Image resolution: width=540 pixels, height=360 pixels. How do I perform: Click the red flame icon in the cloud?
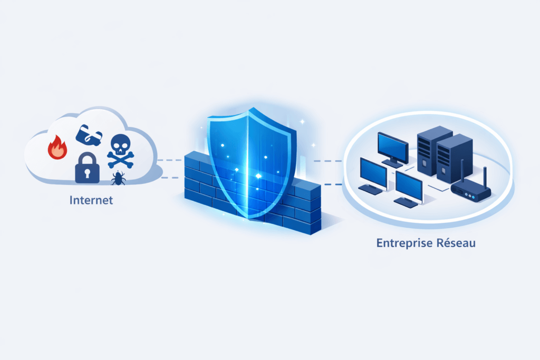pyautogui.click(x=57, y=148)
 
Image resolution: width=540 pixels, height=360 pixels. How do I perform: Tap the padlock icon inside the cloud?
pyautogui.click(x=86, y=168)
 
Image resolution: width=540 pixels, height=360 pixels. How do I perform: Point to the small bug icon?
pyautogui.click(x=118, y=178)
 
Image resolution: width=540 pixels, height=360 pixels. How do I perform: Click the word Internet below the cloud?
pyautogui.click(x=91, y=201)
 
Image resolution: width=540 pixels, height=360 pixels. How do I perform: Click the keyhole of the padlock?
pyautogui.click(x=86, y=171)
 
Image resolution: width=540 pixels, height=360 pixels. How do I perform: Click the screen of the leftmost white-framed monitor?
pyautogui.click(x=373, y=171)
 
